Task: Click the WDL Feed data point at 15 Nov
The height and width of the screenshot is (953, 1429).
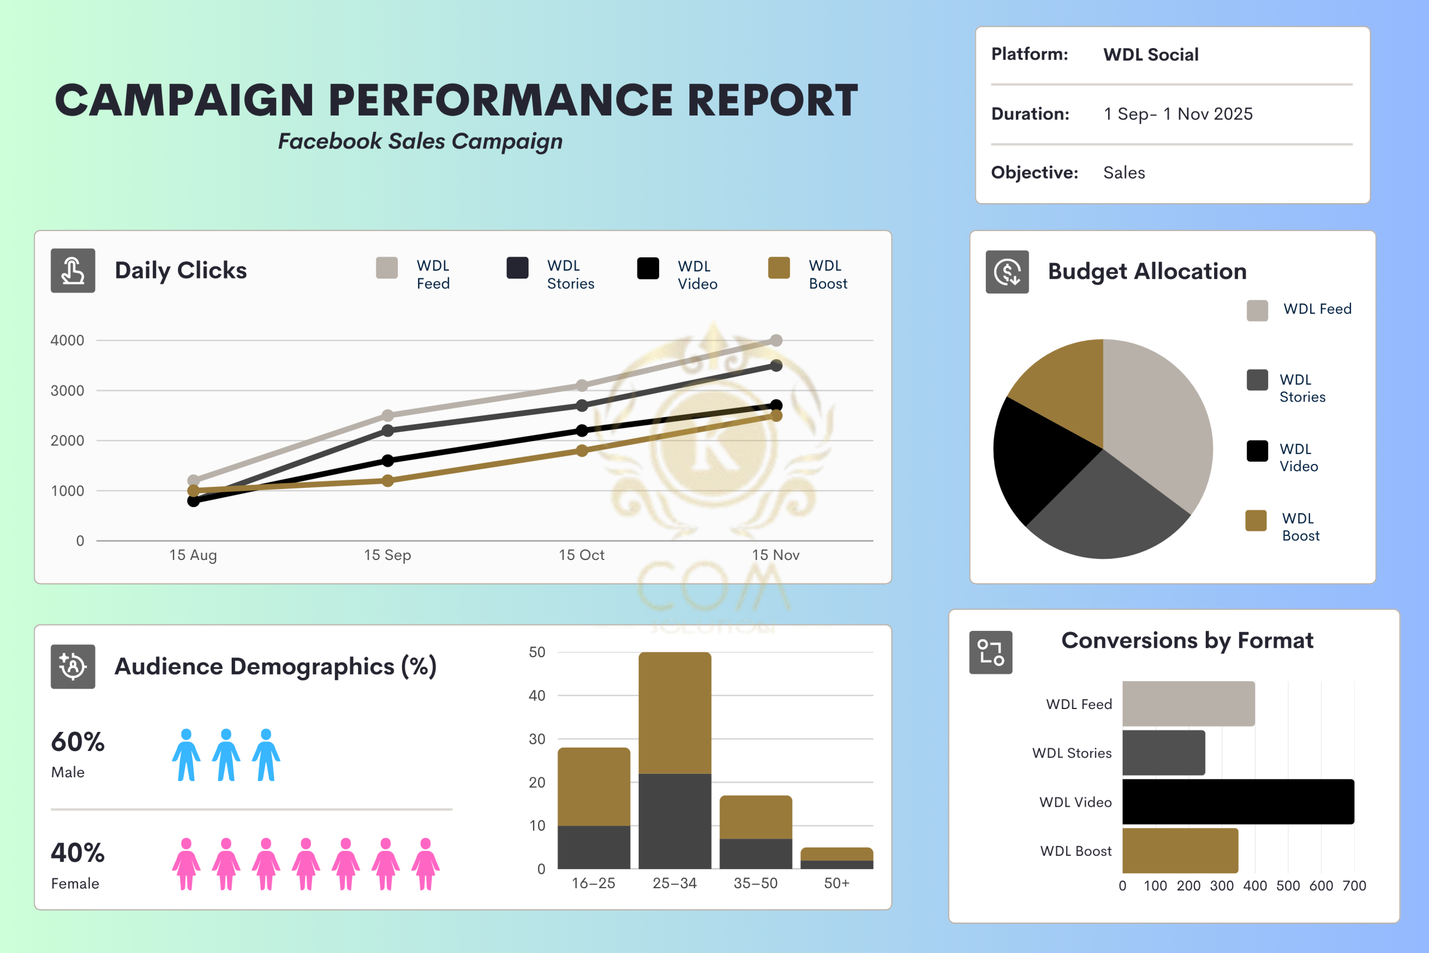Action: (x=776, y=341)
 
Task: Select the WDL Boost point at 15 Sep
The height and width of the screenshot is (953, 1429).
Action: (x=387, y=481)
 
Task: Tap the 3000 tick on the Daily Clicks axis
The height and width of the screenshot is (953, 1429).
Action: (x=68, y=391)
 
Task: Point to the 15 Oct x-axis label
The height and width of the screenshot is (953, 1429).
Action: (x=582, y=555)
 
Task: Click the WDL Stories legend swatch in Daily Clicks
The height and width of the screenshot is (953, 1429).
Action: (x=517, y=268)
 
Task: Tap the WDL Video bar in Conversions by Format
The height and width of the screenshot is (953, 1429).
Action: (x=1238, y=802)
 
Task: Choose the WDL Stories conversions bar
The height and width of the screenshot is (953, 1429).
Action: (x=1163, y=753)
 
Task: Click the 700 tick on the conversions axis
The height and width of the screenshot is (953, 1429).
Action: (x=1354, y=885)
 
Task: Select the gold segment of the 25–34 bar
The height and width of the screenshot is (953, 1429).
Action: (x=674, y=712)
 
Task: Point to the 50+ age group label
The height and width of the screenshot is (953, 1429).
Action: (x=837, y=883)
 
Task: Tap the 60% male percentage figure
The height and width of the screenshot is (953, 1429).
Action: (x=78, y=742)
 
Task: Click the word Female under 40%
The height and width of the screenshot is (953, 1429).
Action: (x=75, y=884)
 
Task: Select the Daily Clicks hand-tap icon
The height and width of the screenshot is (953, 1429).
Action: (x=73, y=270)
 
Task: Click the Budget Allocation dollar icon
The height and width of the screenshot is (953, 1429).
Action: (x=1007, y=272)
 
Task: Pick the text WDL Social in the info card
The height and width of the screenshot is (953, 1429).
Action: (x=1150, y=55)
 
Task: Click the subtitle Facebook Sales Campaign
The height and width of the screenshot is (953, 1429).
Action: (x=420, y=141)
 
